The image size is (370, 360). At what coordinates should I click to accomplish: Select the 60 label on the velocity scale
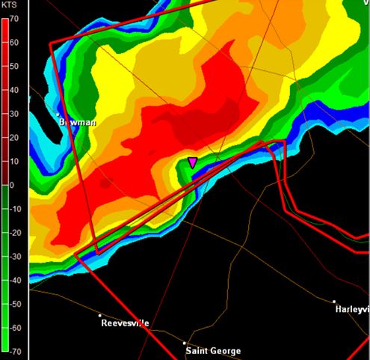(x=13, y=42)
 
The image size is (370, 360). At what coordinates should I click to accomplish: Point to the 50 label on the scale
(x=13, y=66)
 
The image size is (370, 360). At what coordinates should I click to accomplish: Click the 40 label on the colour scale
(x=13, y=90)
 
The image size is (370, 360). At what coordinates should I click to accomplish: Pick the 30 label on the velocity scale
(x=13, y=114)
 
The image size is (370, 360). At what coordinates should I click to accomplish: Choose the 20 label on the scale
(x=13, y=138)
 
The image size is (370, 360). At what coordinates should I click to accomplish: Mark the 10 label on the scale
(x=13, y=162)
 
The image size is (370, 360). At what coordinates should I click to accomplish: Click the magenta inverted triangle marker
(x=192, y=162)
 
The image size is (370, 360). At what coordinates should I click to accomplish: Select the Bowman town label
(x=78, y=120)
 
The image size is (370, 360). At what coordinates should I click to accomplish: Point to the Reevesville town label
(x=125, y=323)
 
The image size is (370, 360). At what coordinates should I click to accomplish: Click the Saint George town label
(x=214, y=351)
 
